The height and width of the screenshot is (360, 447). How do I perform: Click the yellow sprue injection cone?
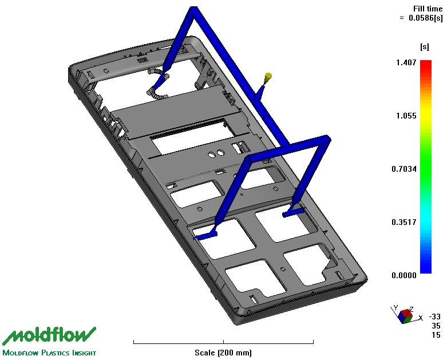[x=268, y=77]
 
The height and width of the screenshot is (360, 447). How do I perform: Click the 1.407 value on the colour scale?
[x=406, y=62]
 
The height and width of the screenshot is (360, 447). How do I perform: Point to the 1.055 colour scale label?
[x=406, y=116]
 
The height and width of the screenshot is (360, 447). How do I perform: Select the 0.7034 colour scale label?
[x=404, y=169]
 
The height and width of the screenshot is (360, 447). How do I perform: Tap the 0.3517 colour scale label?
[x=404, y=222]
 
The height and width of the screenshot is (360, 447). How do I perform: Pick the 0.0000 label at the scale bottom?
[x=404, y=275]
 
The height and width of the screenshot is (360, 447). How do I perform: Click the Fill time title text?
[x=428, y=9]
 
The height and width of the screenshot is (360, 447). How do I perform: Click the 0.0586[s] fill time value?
[x=426, y=18]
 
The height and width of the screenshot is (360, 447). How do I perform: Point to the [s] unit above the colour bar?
[x=425, y=47]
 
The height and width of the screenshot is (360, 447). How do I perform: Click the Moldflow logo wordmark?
[x=49, y=337]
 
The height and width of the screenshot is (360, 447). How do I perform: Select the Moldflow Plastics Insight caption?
[x=49, y=353]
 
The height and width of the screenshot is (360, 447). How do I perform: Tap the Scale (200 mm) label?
[x=223, y=353]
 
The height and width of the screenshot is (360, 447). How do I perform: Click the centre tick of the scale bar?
[x=223, y=342]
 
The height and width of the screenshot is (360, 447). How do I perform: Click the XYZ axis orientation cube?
[x=406, y=316]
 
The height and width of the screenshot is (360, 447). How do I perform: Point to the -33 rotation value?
[x=435, y=317]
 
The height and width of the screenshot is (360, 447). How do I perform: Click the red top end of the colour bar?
[x=426, y=61]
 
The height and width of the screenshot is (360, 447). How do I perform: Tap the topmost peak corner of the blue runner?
[x=193, y=7]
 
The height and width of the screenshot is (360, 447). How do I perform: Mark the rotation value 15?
[x=436, y=335]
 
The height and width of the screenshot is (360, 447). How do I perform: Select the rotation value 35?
[x=436, y=326]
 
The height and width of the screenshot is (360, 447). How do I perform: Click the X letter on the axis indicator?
[x=420, y=318]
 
